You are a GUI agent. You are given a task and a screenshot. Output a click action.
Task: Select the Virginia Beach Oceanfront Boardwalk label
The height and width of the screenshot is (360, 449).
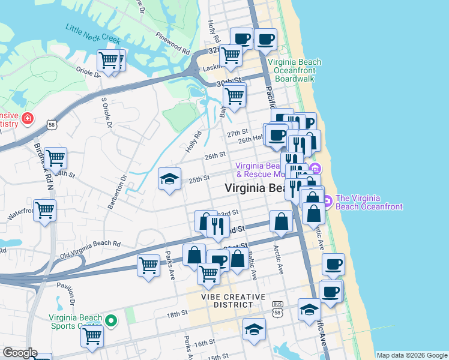pos(294,70)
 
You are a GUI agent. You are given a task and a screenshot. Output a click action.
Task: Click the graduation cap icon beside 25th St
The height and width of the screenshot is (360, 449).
pos(170,179)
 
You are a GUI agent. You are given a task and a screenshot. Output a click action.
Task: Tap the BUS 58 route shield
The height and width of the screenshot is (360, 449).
pos(277,308)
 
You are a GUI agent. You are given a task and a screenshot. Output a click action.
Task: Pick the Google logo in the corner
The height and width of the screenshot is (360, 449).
pos(19,353)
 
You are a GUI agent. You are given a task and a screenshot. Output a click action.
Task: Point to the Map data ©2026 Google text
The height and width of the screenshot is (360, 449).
pos(411,355)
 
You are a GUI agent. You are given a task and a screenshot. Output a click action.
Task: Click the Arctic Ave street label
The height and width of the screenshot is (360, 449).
pos(277,258)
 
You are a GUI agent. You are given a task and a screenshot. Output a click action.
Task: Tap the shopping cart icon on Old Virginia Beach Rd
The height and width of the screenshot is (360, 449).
pos(148,265)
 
